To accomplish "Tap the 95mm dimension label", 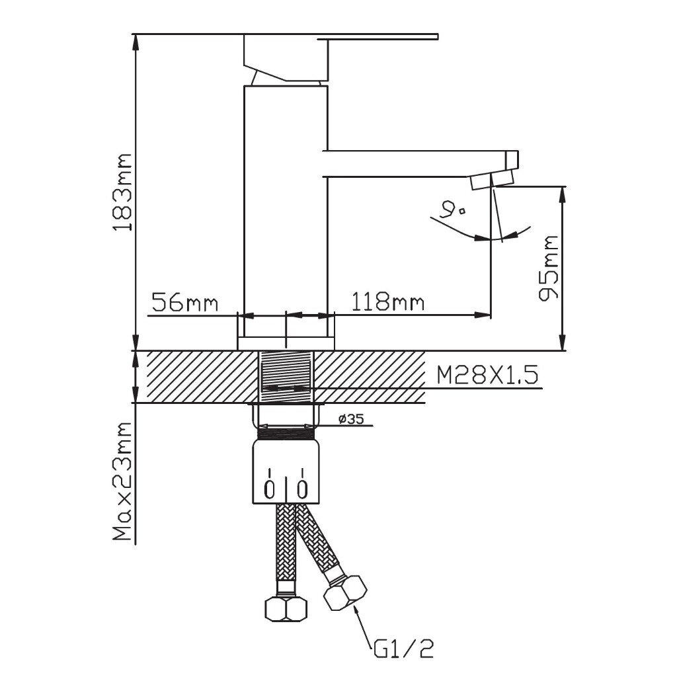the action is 549,268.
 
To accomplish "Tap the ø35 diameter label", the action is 351,418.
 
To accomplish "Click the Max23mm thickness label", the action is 122,481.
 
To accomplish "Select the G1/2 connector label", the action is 403,648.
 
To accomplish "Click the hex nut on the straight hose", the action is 286,609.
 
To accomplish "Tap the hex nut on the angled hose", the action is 345,593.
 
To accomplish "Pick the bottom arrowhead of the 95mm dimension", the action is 562,344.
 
